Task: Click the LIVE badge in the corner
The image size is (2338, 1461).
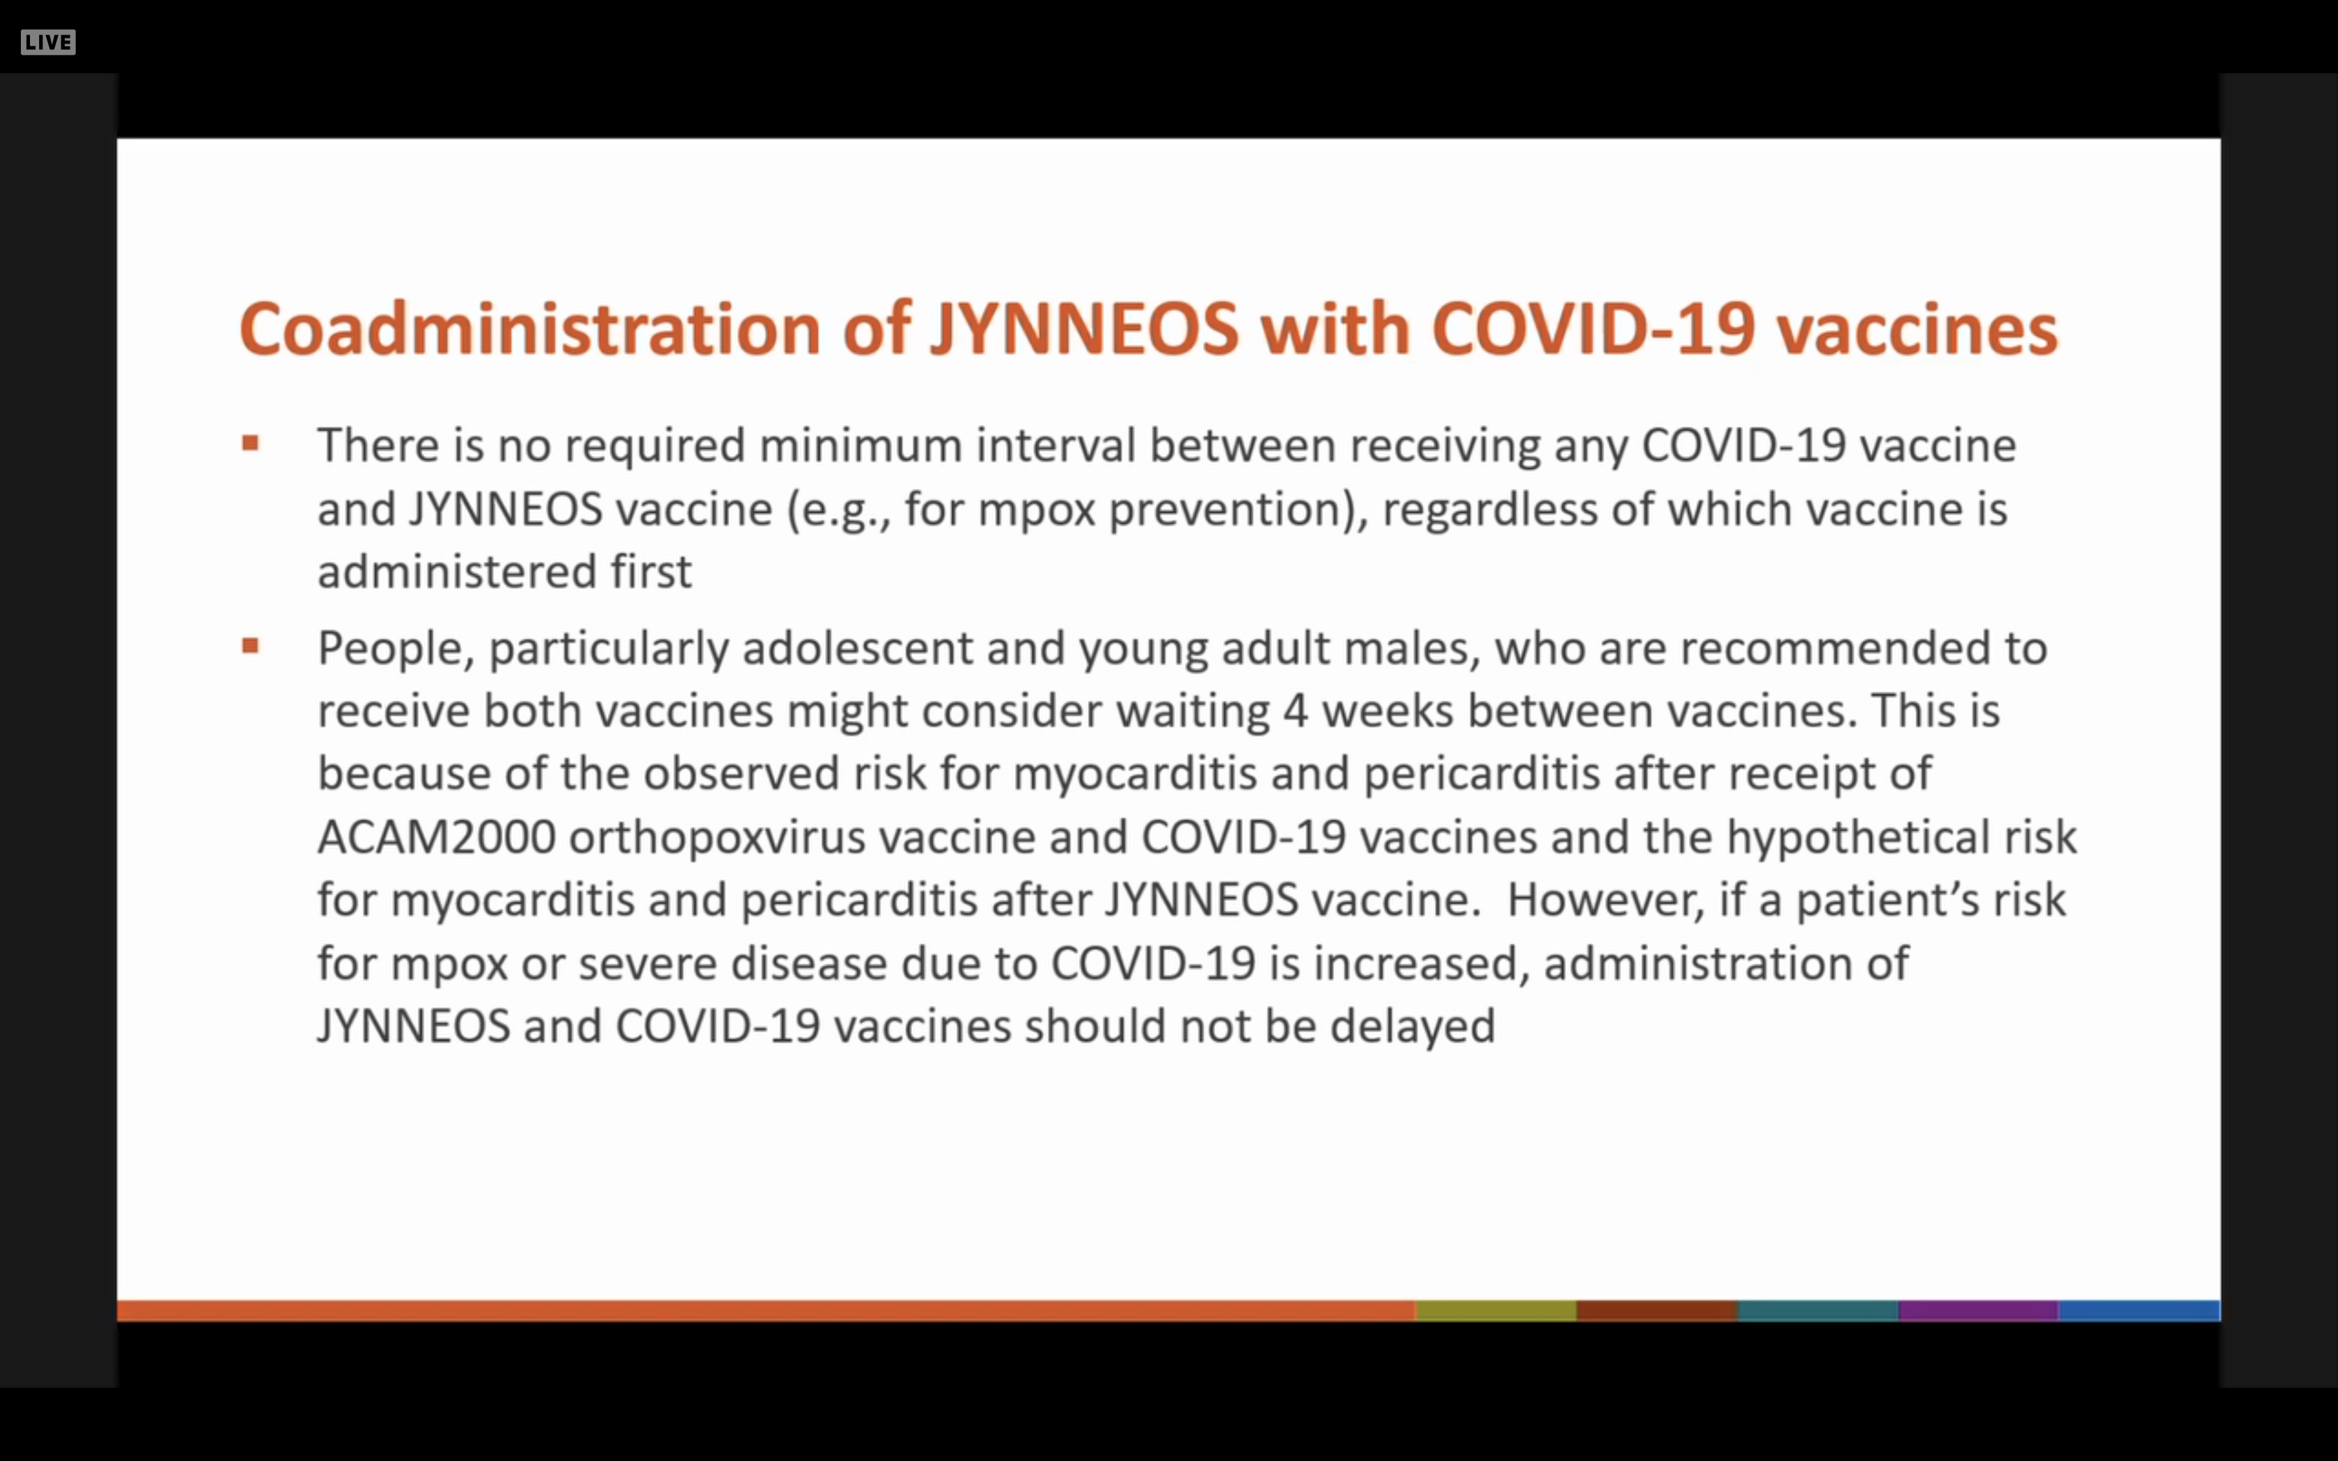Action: pos(48,42)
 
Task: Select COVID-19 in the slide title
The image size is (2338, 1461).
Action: pos(1592,329)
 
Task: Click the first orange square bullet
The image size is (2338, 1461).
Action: pos(250,444)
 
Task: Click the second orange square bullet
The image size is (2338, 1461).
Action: pos(250,646)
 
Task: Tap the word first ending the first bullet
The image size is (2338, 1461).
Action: pos(650,571)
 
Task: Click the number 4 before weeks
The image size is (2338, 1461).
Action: pos(1296,711)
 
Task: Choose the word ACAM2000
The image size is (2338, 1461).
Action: pos(436,837)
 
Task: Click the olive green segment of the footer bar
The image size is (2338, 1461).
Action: pos(1496,1310)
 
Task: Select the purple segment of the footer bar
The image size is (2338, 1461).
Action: pos(1978,1310)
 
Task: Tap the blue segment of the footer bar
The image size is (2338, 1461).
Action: pos(2139,1310)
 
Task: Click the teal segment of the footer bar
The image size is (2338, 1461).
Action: pos(1817,1310)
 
